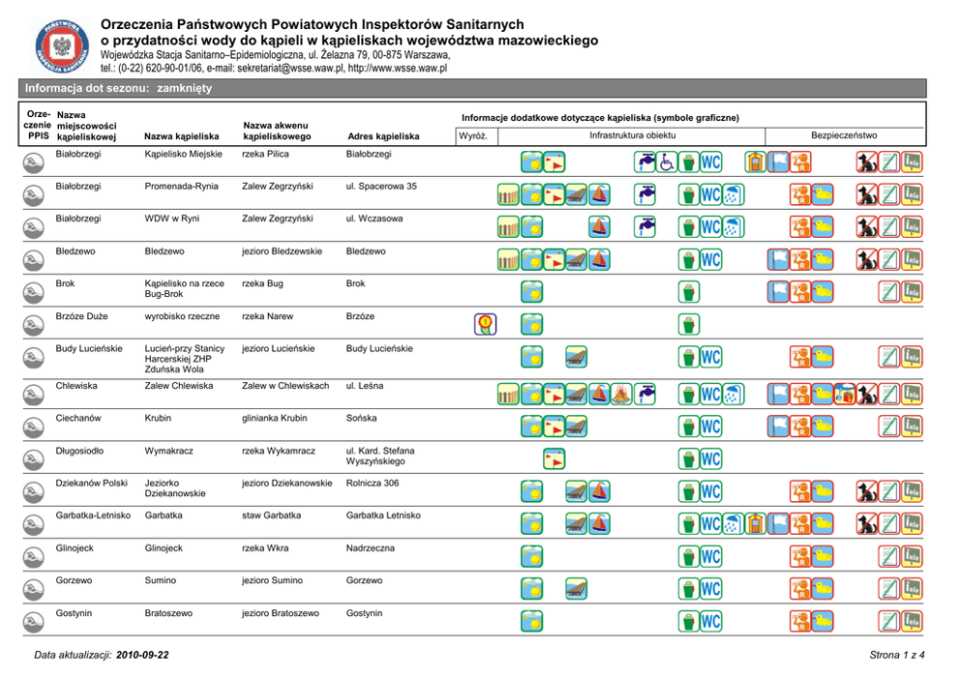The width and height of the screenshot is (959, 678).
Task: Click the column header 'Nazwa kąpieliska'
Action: coord(181,137)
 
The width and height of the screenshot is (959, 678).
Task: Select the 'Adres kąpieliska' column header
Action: coord(383,137)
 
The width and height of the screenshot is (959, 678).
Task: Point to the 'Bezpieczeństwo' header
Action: coord(844,135)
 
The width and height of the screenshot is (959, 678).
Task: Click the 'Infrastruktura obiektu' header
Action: coord(632,135)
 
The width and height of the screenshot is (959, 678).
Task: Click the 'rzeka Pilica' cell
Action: coord(267,153)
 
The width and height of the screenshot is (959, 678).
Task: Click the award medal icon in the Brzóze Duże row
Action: coord(484,324)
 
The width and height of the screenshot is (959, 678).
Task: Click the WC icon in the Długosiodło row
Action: coord(711,457)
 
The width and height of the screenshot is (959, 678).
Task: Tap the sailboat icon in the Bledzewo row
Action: coord(598,259)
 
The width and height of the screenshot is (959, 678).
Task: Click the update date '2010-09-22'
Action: coord(142,656)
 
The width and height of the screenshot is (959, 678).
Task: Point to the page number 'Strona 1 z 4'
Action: coord(898,656)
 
